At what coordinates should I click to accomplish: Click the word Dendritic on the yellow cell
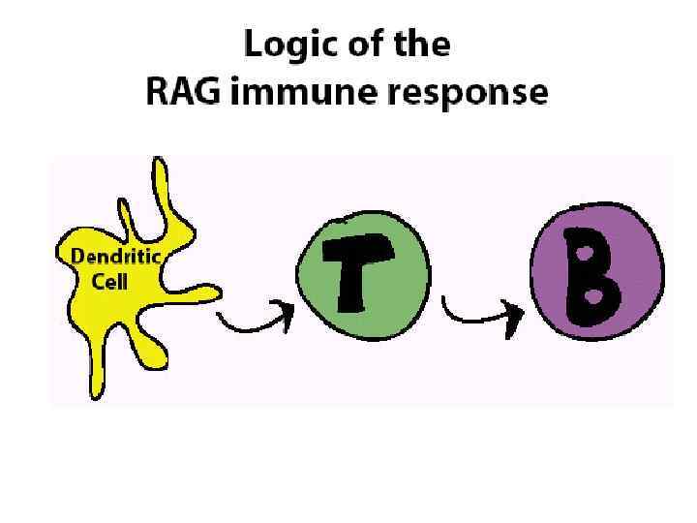click(115, 257)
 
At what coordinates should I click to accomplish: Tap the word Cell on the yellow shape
click(109, 283)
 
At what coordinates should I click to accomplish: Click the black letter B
click(591, 277)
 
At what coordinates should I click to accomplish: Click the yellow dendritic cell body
click(145, 320)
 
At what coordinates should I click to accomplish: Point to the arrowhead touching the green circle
click(287, 311)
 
